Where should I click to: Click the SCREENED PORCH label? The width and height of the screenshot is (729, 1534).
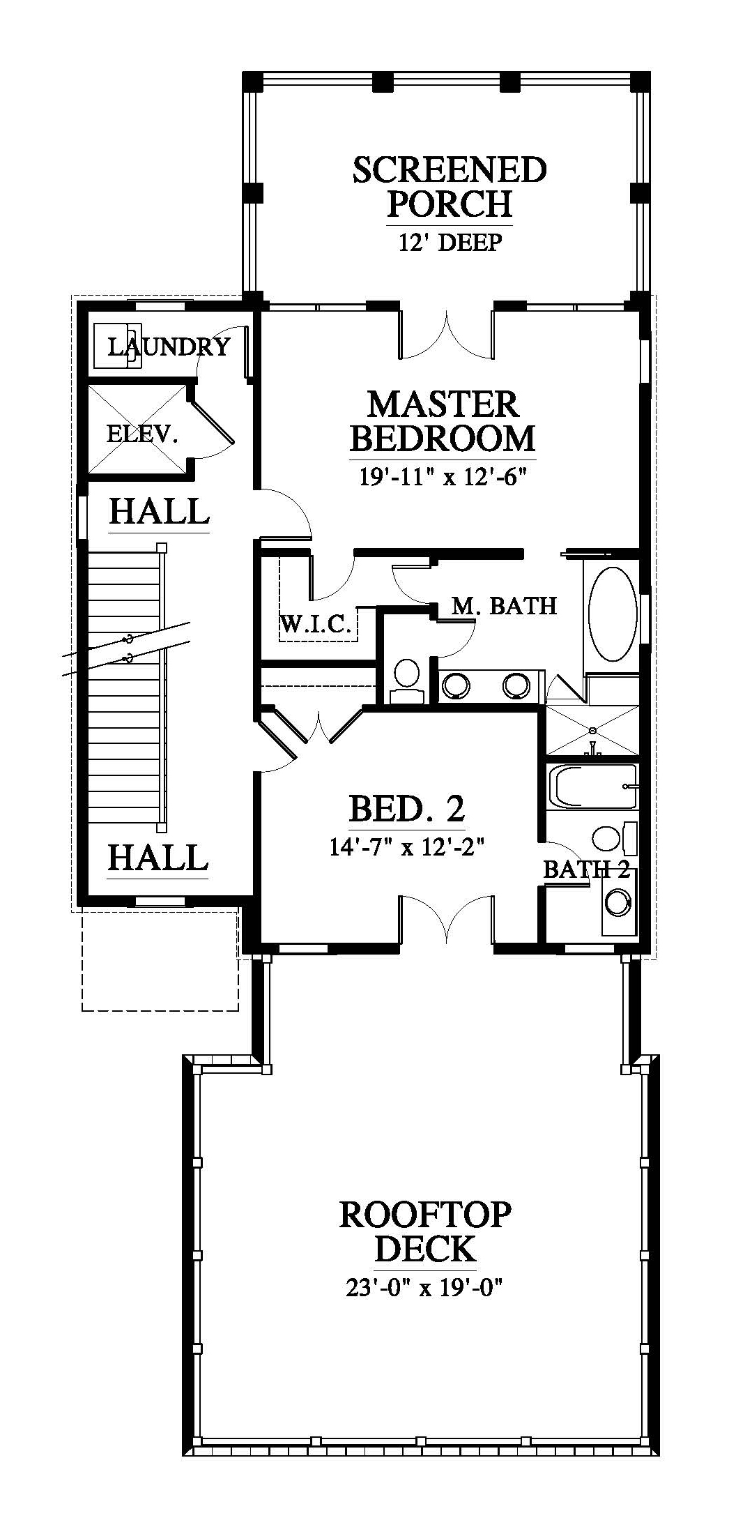click(450, 187)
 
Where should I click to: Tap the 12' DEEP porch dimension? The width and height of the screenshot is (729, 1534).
click(450, 242)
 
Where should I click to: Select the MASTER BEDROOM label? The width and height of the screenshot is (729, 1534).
click(443, 421)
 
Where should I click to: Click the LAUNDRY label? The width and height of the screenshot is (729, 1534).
click(169, 346)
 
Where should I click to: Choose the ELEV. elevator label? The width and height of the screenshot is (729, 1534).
click(142, 434)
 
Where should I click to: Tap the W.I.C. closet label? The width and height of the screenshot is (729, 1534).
click(315, 623)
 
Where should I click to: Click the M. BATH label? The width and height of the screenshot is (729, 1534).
click(505, 605)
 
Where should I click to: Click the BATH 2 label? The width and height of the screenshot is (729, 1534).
click(586, 869)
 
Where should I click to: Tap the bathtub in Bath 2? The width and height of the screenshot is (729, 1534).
click(593, 787)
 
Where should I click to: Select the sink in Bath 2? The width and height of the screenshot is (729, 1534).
click(618, 903)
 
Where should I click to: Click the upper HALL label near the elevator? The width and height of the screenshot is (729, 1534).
click(159, 511)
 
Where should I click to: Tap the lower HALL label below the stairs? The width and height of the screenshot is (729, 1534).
click(158, 857)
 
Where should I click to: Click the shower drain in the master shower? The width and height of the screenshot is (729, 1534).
click(592, 730)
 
